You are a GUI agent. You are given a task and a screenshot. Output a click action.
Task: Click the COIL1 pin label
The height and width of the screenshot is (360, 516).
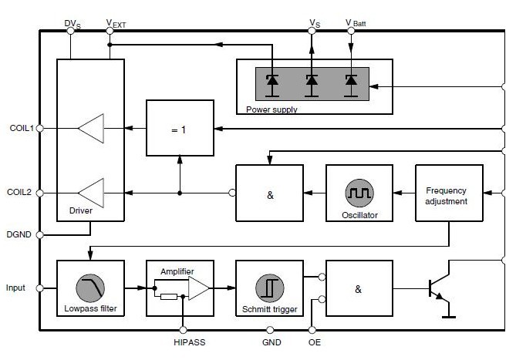[x=21, y=128]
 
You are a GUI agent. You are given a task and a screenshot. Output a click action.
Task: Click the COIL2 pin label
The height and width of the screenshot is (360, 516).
[x=21, y=192]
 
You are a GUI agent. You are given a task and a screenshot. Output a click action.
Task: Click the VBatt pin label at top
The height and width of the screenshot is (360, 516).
[x=356, y=24]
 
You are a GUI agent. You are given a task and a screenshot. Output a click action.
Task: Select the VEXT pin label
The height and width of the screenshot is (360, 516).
[x=115, y=24]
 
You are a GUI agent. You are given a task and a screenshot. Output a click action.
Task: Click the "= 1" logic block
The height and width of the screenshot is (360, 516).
[x=180, y=130]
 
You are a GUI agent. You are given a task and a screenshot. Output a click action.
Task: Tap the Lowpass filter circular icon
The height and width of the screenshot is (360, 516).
[x=90, y=288]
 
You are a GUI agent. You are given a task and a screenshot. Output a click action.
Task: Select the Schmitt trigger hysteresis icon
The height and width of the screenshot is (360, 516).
[x=269, y=288]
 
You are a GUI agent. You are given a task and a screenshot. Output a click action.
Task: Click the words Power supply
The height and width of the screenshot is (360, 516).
[x=271, y=109]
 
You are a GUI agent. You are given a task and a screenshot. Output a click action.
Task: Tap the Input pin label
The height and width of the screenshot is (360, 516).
[x=15, y=288]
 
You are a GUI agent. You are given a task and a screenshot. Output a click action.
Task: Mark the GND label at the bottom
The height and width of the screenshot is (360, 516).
[x=271, y=341]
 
